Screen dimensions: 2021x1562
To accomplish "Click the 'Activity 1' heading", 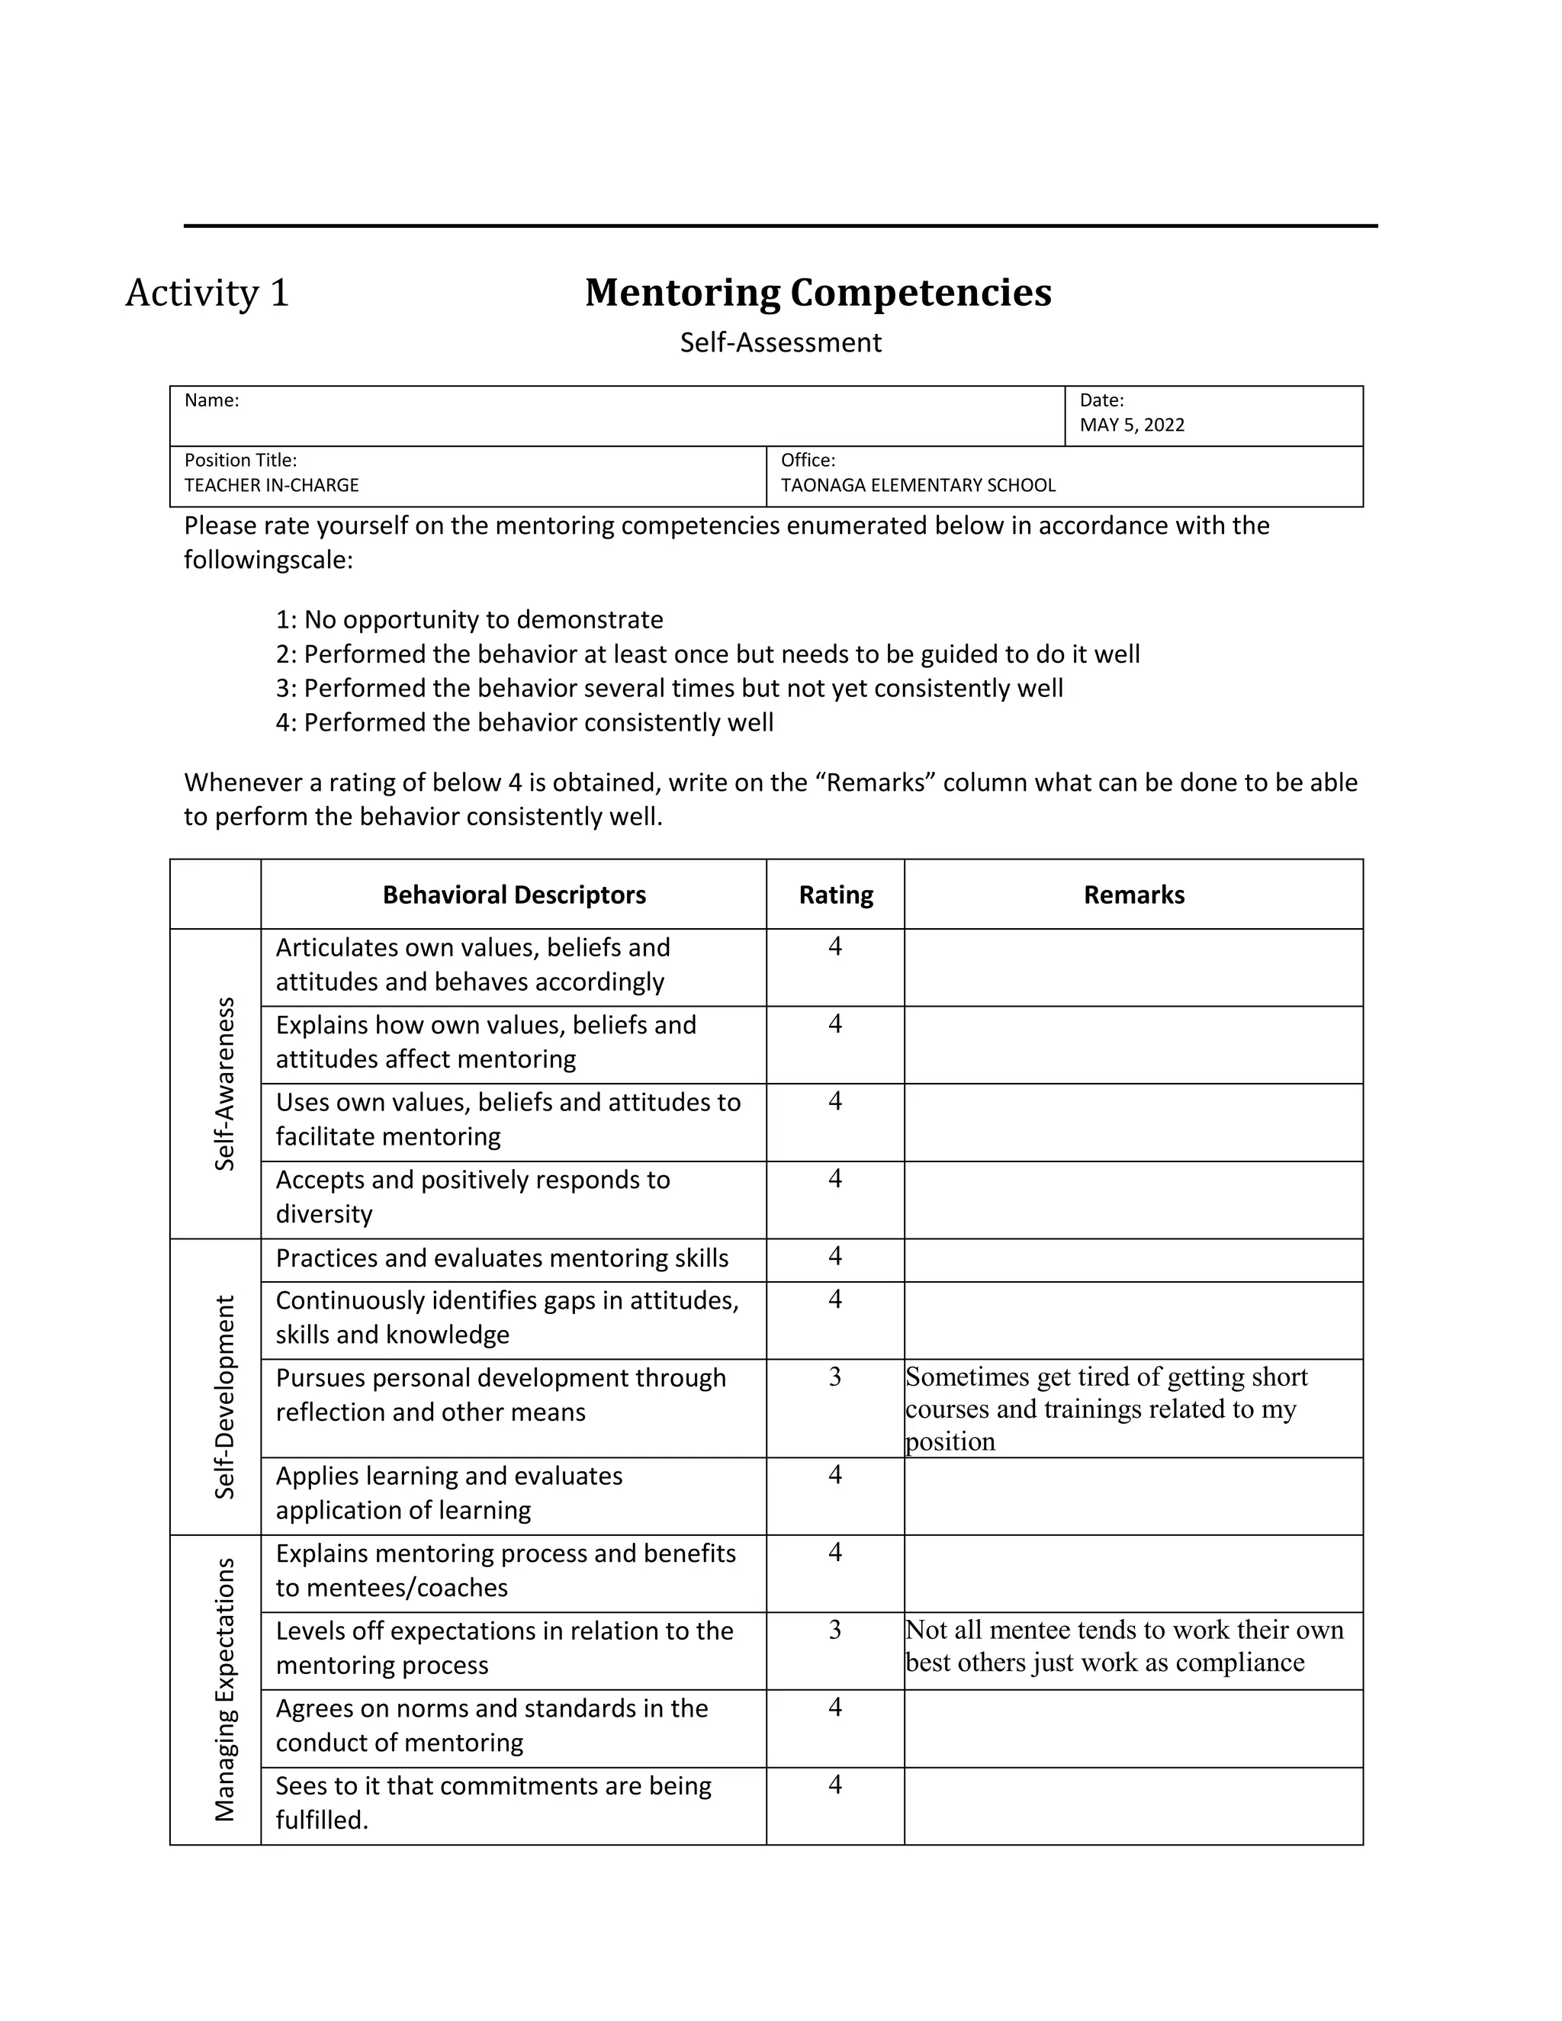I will tap(207, 294).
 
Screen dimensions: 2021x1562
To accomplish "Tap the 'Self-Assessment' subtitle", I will tap(780, 342).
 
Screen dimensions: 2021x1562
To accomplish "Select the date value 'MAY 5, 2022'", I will tap(1132, 425).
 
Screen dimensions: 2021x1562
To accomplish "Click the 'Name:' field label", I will tap(212, 400).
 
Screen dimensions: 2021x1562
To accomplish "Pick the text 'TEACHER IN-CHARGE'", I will tap(271, 485).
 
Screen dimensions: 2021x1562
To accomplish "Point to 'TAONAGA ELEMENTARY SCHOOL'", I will tap(918, 485).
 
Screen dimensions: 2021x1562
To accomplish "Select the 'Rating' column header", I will tap(836, 895).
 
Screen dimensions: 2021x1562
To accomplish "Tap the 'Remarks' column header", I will tap(1133, 895).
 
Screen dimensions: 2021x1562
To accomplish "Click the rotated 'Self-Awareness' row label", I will tap(225, 1084).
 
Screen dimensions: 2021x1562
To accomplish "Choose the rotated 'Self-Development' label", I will tap(225, 1396).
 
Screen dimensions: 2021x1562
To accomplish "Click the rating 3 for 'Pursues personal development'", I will tap(834, 1377).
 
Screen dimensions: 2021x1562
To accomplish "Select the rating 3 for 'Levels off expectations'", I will tap(834, 1630).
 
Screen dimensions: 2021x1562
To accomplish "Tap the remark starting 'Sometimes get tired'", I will tap(1106, 1409).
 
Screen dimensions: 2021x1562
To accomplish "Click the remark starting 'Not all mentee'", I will tap(1123, 1645).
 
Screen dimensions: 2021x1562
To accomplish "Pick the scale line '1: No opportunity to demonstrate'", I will tap(469, 619).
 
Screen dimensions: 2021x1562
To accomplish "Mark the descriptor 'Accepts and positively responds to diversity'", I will tap(472, 1197).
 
